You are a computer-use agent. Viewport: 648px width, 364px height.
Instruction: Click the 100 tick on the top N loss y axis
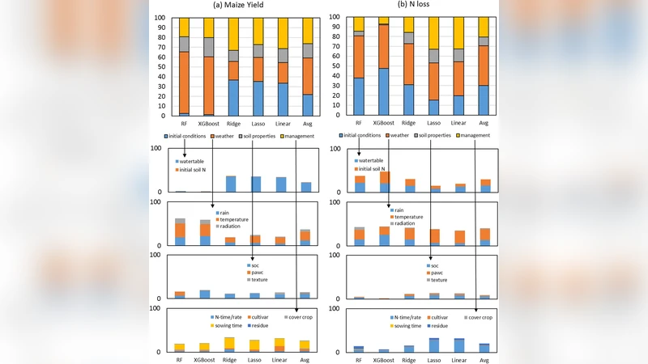(336, 18)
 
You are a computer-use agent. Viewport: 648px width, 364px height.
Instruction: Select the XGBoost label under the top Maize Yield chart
(208, 124)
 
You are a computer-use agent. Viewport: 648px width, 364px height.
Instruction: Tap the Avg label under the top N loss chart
(484, 124)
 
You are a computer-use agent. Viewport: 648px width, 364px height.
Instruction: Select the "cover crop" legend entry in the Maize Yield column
(309, 317)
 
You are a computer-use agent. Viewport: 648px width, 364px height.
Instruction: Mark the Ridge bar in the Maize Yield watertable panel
(232, 184)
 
